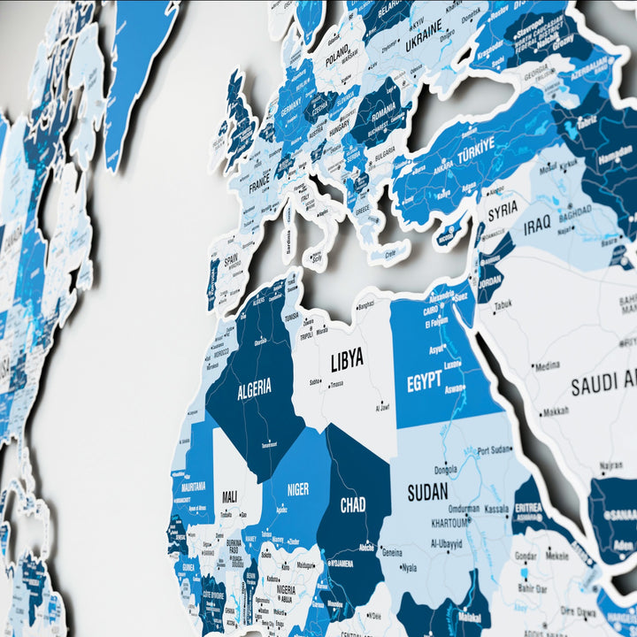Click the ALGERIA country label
254,388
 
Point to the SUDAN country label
426,491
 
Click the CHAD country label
353,505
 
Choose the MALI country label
228,496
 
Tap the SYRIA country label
503,211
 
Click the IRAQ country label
537,226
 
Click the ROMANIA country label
384,113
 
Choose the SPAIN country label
231,262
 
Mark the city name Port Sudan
495,450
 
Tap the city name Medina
547,365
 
